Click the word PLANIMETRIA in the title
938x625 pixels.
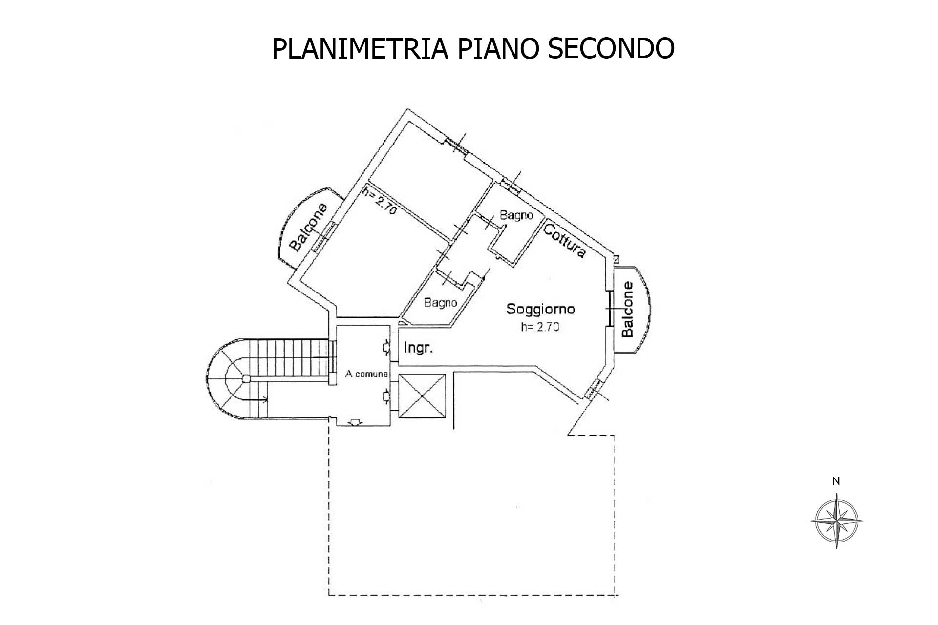click(x=360, y=48)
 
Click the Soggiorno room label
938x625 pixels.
click(x=540, y=309)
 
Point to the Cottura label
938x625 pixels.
click(x=564, y=240)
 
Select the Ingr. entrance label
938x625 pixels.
click(x=419, y=348)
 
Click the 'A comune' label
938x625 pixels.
click(x=366, y=375)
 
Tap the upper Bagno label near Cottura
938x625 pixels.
click(x=515, y=215)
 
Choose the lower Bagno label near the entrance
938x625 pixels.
click(x=440, y=303)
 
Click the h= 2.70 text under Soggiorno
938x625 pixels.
click(x=540, y=327)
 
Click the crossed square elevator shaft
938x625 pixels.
click(x=422, y=396)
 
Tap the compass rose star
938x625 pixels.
click(x=836, y=521)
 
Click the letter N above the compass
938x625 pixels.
click(x=836, y=481)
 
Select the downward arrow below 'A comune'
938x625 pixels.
click(x=356, y=422)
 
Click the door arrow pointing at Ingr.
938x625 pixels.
click(x=386, y=347)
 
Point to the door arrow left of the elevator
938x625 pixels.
click(x=386, y=396)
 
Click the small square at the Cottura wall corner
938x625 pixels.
click(x=617, y=259)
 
